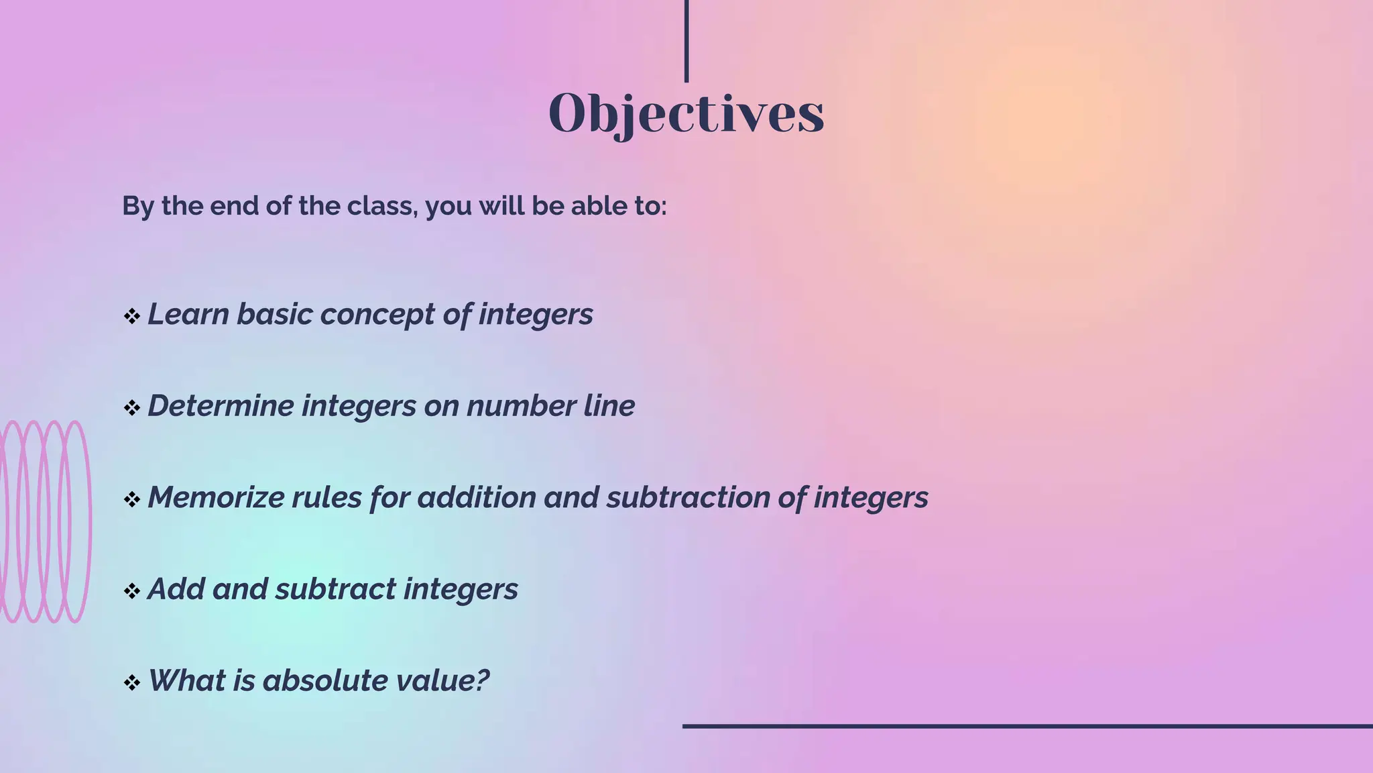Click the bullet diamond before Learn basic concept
(x=131, y=316)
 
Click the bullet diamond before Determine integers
(x=131, y=407)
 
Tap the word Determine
(x=220, y=406)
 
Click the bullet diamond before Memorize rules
(x=131, y=499)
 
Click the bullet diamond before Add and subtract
(x=131, y=591)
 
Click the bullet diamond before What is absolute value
(x=131, y=683)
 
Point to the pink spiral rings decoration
(x=44, y=521)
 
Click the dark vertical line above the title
(x=686, y=40)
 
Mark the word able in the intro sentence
(x=593, y=206)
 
